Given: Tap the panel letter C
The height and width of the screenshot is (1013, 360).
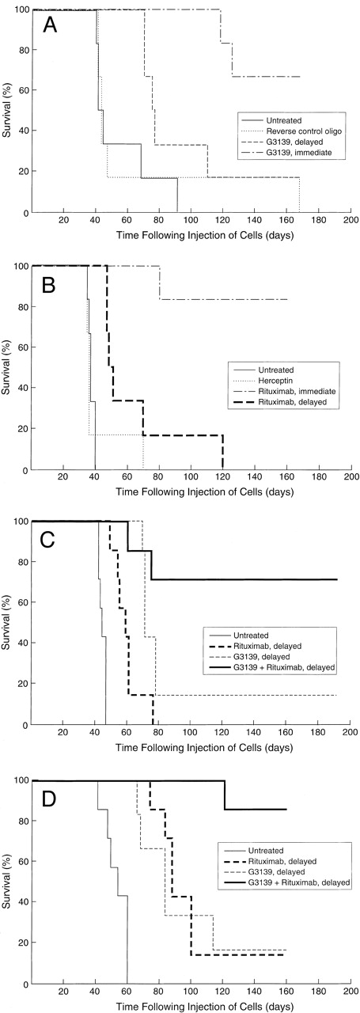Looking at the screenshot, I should coord(48,539).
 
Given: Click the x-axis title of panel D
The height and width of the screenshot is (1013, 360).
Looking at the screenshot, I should coord(190,1006).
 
